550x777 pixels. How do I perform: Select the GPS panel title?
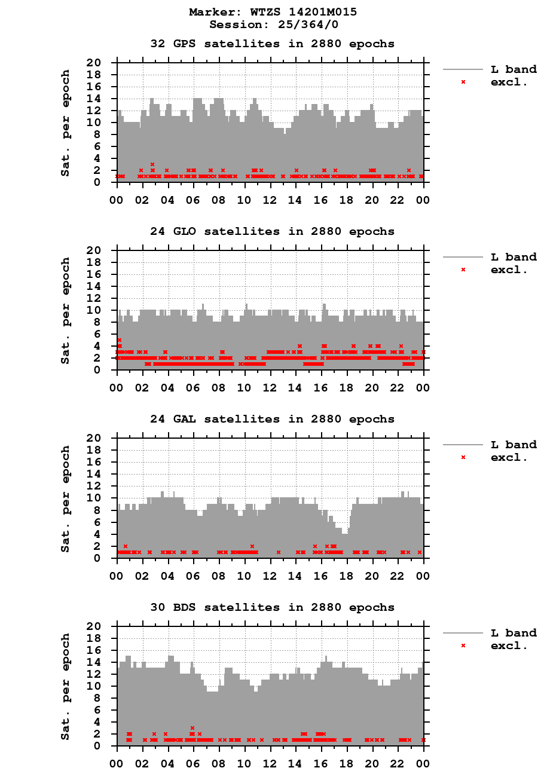tap(272, 44)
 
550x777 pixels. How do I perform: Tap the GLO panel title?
tap(272, 231)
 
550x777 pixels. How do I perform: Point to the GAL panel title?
tap(272, 419)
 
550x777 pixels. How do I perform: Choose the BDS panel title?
tap(272, 607)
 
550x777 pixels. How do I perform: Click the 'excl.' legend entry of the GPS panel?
tap(509, 82)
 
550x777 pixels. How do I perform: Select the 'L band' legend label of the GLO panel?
tap(514, 257)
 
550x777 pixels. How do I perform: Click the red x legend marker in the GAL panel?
tap(463, 457)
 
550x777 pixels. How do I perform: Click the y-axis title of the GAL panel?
tap(66, 498)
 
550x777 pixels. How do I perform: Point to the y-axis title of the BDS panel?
tap(66, 686)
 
